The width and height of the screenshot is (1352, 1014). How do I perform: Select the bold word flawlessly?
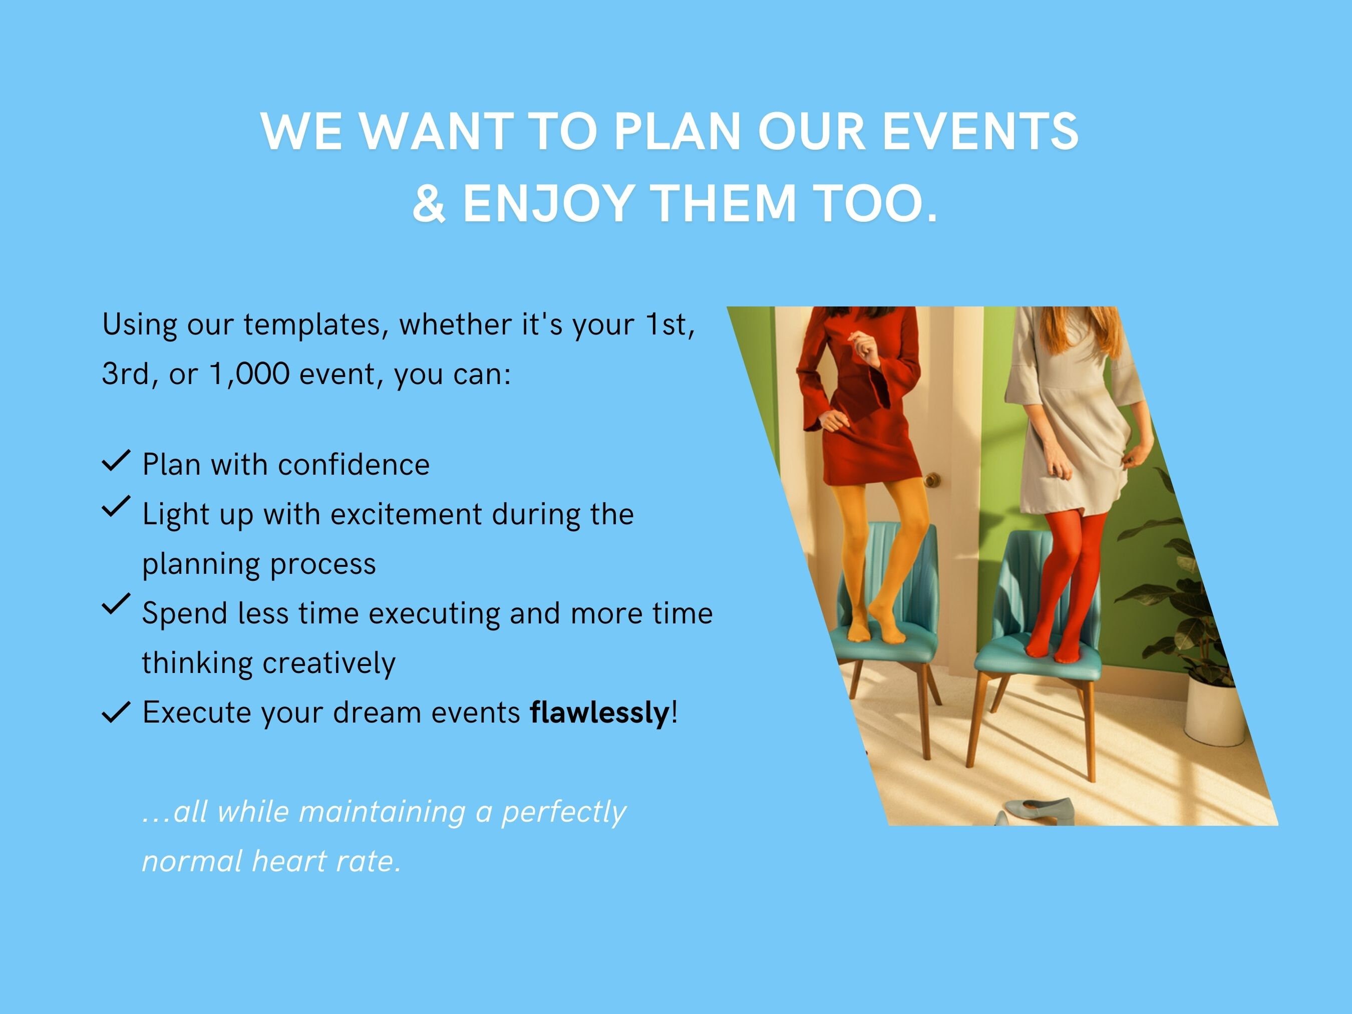point(599,713)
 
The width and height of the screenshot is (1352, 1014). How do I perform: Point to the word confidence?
point(354,465)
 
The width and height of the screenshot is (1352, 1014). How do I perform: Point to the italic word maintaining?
point(382,812)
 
